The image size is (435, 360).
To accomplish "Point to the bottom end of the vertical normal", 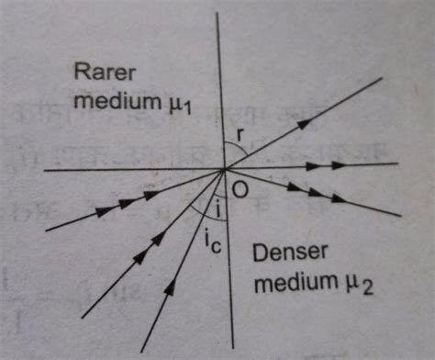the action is [227, 353].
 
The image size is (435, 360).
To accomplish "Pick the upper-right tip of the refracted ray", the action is [381, 79].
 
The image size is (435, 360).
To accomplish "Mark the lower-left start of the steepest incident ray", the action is [141, 350].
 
